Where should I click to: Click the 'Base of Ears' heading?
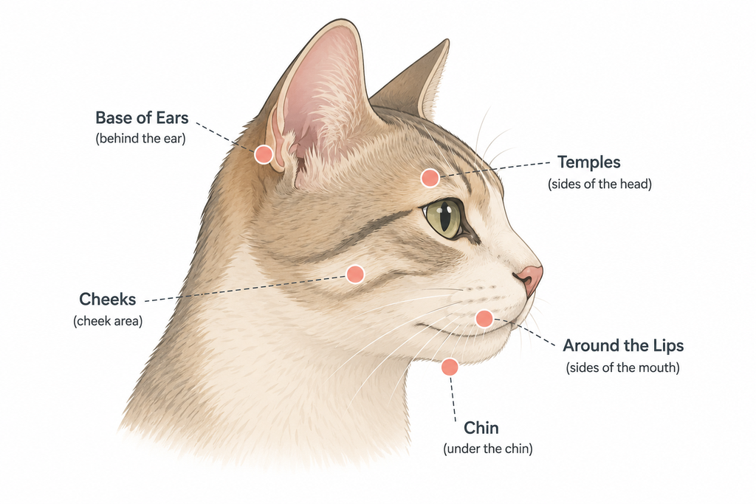tap(142, 118)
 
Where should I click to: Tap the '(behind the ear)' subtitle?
tap(140, 139)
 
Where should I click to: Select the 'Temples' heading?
tap(588, 162)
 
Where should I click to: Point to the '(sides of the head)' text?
tap(599, 184)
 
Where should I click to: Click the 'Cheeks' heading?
tap(108, 299)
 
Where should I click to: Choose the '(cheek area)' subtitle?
tap(108, 321)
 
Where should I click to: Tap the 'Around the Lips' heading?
tap(623, 345)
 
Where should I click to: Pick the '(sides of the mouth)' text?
tap(622, 367)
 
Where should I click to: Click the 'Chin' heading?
tap(481, 428)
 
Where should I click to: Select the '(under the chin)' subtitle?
tap(488, 449)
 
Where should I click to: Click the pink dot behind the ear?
tap(264, 155)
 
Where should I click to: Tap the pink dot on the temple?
tap(430, 178)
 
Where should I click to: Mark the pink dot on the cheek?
tap(355, 275)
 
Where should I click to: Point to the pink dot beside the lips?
tap(484, 319)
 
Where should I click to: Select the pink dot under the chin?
tap(450, 367)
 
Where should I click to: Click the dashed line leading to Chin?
tap(453, 399)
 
